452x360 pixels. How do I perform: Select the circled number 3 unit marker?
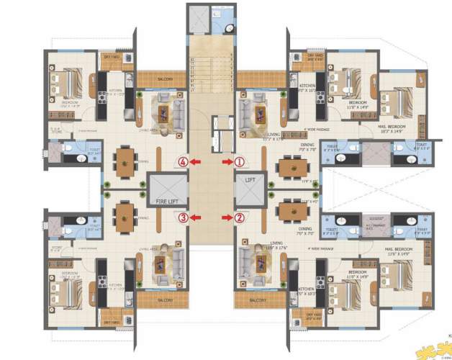184,216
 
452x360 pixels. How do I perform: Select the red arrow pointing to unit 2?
227,216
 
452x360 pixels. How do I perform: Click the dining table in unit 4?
125,160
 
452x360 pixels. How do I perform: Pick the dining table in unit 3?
125,215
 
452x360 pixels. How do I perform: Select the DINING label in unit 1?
307,144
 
